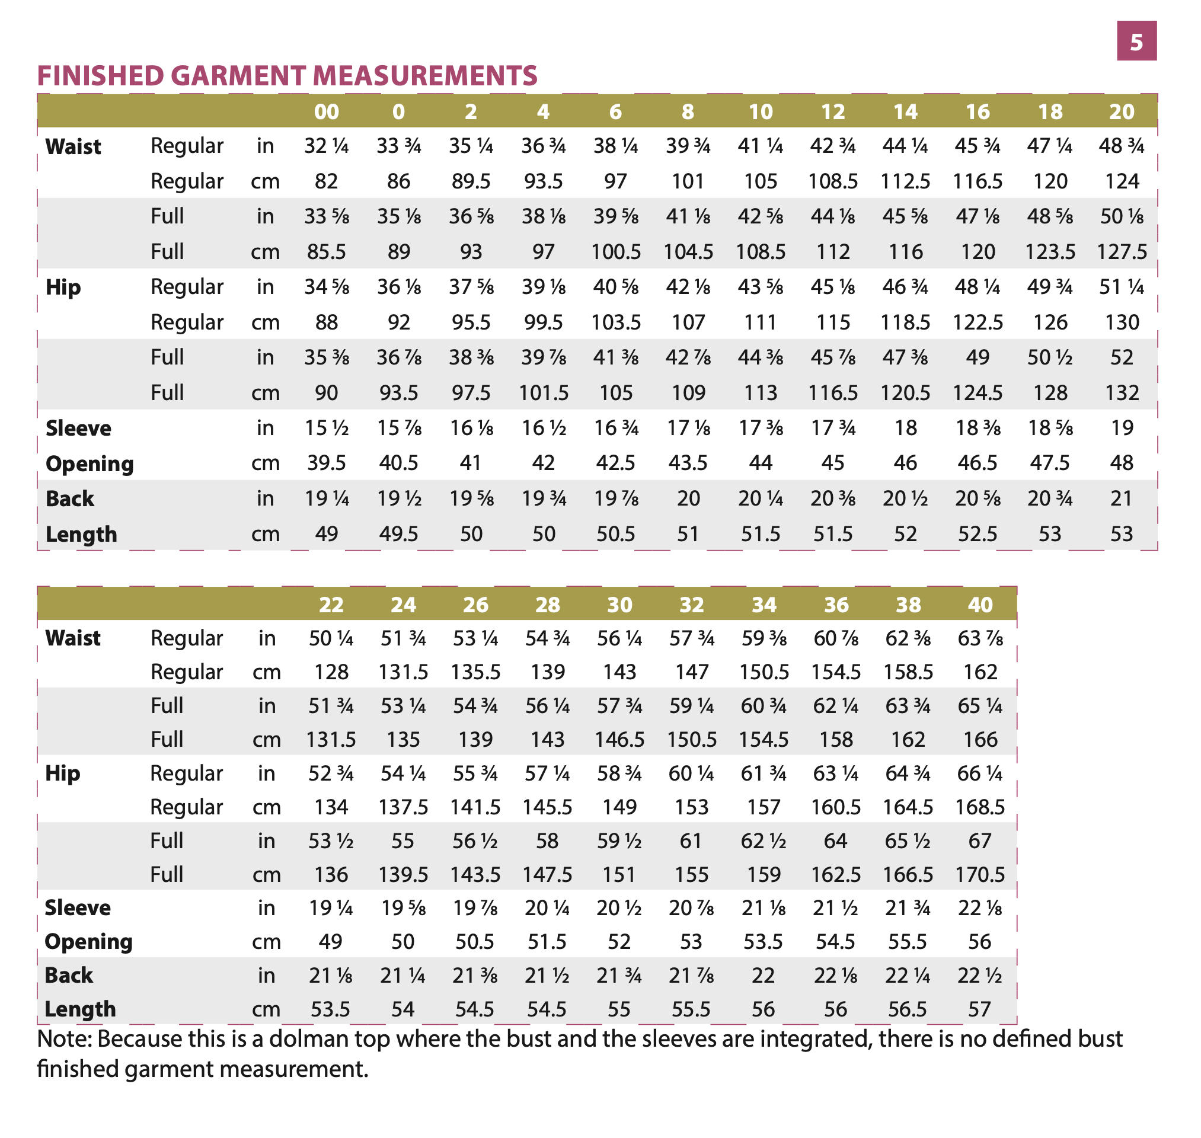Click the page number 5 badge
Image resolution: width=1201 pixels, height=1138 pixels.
(1136, 41)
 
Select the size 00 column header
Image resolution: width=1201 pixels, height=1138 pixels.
(326, 111)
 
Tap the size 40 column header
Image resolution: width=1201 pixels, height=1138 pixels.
(980, 605)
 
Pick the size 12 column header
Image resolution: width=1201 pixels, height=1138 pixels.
(833, 111)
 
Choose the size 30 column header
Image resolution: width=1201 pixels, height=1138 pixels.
(619, 605)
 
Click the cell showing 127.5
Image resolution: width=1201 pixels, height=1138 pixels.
(1122, 252)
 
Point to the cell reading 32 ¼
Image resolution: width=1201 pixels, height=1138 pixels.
(326, 146)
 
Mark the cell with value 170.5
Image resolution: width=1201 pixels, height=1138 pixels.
(980, 875)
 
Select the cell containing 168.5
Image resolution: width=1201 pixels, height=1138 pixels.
(980, 807)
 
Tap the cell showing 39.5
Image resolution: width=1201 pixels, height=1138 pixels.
(326, 463)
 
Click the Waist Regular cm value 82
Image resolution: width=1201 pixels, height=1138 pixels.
(326, 181)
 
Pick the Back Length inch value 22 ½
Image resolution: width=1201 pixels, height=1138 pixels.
(980, 976)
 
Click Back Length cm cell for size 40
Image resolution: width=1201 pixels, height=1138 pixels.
(980, 1009)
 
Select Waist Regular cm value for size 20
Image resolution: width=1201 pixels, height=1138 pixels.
(1122, 181)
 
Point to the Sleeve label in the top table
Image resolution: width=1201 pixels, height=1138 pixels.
(78, 429)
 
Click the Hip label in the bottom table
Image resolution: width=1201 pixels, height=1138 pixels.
(62, 774)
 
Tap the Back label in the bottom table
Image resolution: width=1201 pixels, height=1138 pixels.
(69, 976)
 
